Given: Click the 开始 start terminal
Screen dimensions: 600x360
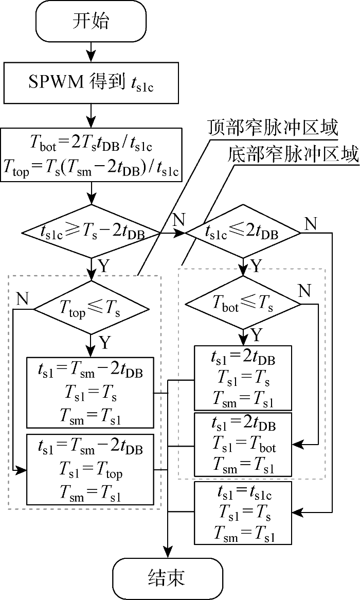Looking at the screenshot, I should coord(91,22).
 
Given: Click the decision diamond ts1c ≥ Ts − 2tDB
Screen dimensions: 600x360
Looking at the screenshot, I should coord(91,232).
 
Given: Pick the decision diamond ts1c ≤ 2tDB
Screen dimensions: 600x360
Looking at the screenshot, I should coord(243,232).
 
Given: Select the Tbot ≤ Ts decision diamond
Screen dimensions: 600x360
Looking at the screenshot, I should coord(242,304).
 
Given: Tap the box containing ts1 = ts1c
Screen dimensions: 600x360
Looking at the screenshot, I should coord(243,513).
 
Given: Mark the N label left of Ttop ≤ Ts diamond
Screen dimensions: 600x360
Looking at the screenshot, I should coord(22,299).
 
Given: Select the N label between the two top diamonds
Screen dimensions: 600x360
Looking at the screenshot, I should coord(178,220).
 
